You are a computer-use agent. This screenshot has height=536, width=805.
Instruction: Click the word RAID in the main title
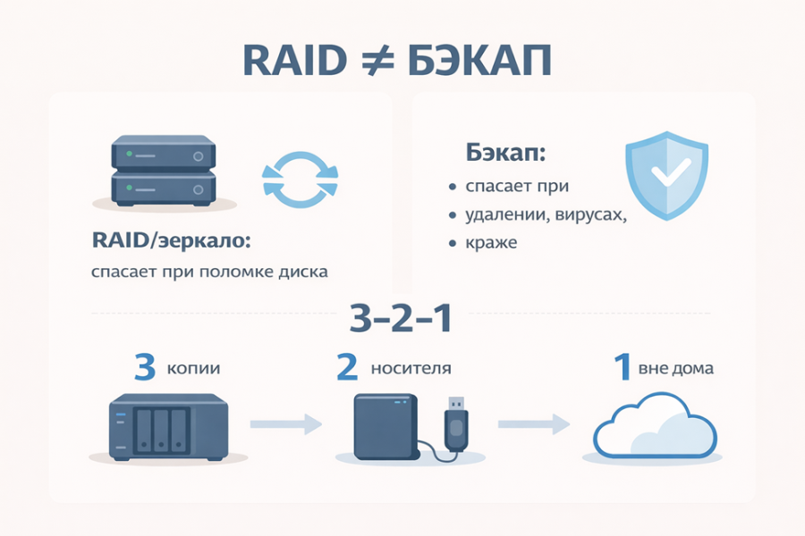coord(294,61)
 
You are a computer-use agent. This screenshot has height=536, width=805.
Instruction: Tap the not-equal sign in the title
coord(377,61)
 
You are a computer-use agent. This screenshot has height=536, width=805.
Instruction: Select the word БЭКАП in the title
coord(479,61)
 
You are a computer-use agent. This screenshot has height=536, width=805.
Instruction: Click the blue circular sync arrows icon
coord(300,180)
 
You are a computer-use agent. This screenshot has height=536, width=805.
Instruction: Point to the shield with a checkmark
coord(666,175)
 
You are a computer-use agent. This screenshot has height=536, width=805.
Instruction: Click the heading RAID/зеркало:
coord(171,240)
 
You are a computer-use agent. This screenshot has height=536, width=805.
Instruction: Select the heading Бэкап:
coord(505,153)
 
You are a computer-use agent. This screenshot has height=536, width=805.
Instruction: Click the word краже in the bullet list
coord(491,243)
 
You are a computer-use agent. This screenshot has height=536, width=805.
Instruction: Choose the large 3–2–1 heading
coord(401,318)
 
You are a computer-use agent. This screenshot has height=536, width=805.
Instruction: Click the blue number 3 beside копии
coord(145,367)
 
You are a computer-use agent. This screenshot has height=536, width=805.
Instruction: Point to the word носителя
coord(411,368)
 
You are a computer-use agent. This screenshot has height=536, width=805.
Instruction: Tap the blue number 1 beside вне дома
coord(623,367)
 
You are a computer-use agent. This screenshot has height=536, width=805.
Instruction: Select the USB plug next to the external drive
coord(456,423)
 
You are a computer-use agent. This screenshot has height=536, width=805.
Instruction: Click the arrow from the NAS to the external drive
coord(286,424)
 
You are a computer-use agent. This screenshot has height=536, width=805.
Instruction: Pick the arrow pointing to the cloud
coord(534,424)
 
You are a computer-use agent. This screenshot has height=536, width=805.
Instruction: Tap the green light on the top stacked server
coord(130,154)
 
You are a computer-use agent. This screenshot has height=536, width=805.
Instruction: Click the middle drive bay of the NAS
coord(161,430)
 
